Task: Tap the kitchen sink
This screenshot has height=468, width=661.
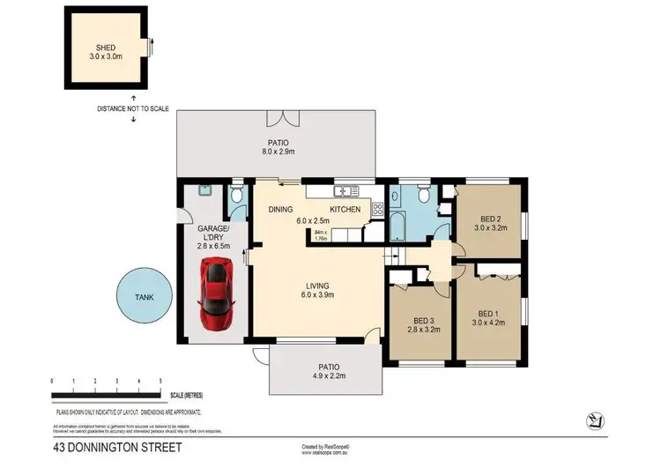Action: tap(341, 191)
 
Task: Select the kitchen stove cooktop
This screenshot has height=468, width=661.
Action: tap(377, 209)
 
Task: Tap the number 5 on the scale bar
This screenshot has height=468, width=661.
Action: tap(160, 381)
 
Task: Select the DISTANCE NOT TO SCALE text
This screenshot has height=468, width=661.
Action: tap(133, 109)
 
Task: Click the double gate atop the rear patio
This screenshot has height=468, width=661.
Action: tap(279, 118)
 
